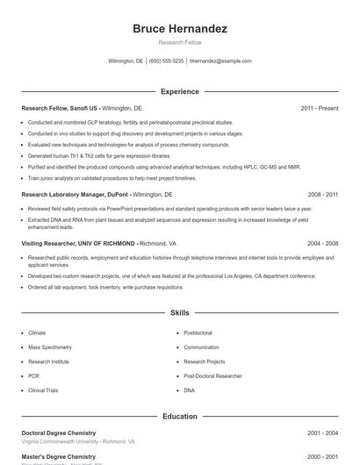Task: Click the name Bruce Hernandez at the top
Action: (179, 29)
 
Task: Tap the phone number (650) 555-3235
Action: (166, 61)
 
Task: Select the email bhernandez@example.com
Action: (220, 61)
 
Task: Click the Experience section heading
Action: (179, 91)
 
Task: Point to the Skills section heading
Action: (179, 312)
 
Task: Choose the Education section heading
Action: (179, 417)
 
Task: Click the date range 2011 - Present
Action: (319, 108)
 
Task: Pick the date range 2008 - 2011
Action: (323, 194)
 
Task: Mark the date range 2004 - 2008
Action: (323, 243)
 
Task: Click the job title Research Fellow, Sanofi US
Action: (60, 108)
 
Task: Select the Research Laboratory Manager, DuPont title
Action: (74, 194)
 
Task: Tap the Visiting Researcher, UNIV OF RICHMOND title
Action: (78, 243)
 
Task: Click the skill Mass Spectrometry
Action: (48, 347)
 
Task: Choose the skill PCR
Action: (33, 376)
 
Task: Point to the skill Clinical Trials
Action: (43, 390)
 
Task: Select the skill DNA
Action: (189, 390)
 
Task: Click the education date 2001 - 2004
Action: (323, 433)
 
